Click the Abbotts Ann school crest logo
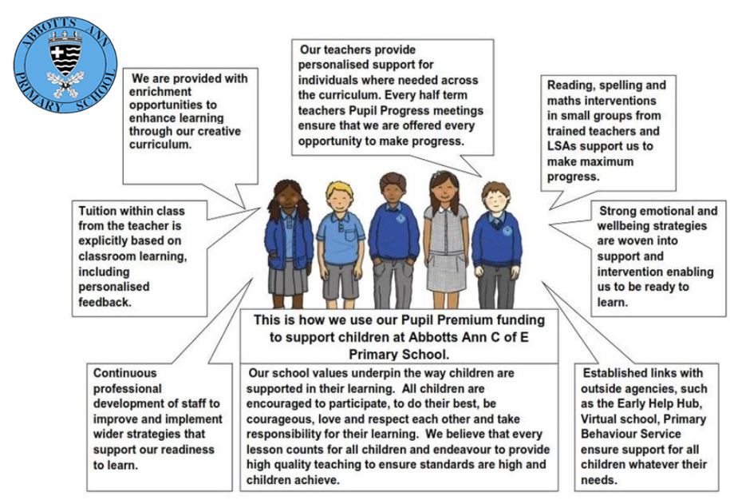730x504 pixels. pos(65,65)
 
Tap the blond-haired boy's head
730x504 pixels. pos(340,196)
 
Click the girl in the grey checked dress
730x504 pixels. pos(445,238)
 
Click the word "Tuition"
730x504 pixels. pos(97,211)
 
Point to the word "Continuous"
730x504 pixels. pos(124,373)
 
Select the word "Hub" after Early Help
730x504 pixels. pos(690,403)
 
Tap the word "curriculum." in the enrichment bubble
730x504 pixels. pos(160,145)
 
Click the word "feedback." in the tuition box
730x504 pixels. pos(105,302)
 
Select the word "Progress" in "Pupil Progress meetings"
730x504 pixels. pos(404,111)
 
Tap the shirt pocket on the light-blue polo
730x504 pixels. pos(350,234)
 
